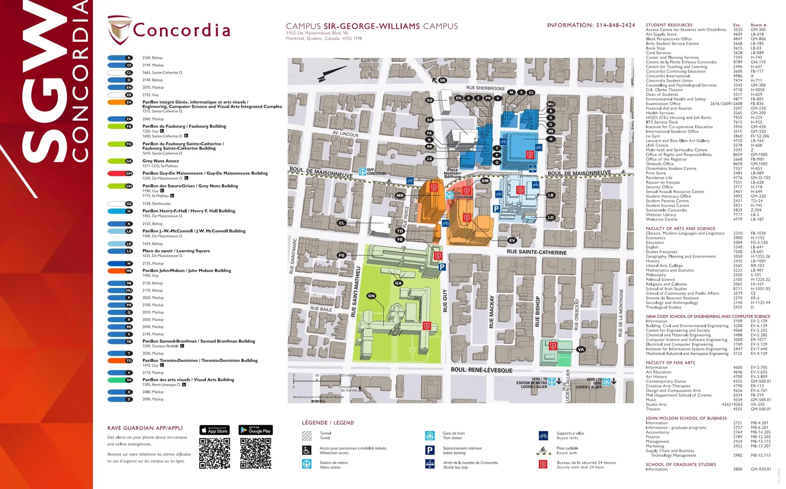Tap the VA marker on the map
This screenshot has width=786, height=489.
tap(581, 349)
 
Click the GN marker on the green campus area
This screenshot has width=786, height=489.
tap(371, 296)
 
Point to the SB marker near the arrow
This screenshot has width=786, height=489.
tap(443, 80)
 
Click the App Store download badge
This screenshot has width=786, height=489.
tap(214, 430)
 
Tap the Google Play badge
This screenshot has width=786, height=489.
tap(256, 430)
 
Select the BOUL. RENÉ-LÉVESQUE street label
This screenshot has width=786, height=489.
tap(481, 370)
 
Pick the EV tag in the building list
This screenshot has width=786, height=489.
tap(129, 102)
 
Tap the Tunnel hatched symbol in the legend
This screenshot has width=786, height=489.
tap(307, 436)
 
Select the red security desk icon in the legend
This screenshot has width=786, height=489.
tap(543, 465)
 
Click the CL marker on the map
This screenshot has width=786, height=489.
tap(342, 223)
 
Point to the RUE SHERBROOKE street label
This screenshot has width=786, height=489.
tap(485, 88)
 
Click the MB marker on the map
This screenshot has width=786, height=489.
tap(400, 195)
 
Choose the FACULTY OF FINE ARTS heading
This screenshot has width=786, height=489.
tap(670, 362)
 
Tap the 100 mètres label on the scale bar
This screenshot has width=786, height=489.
tap(348, 375)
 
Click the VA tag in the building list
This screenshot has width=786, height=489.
tap(129, 380)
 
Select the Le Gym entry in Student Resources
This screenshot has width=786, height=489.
tap(653, 136)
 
